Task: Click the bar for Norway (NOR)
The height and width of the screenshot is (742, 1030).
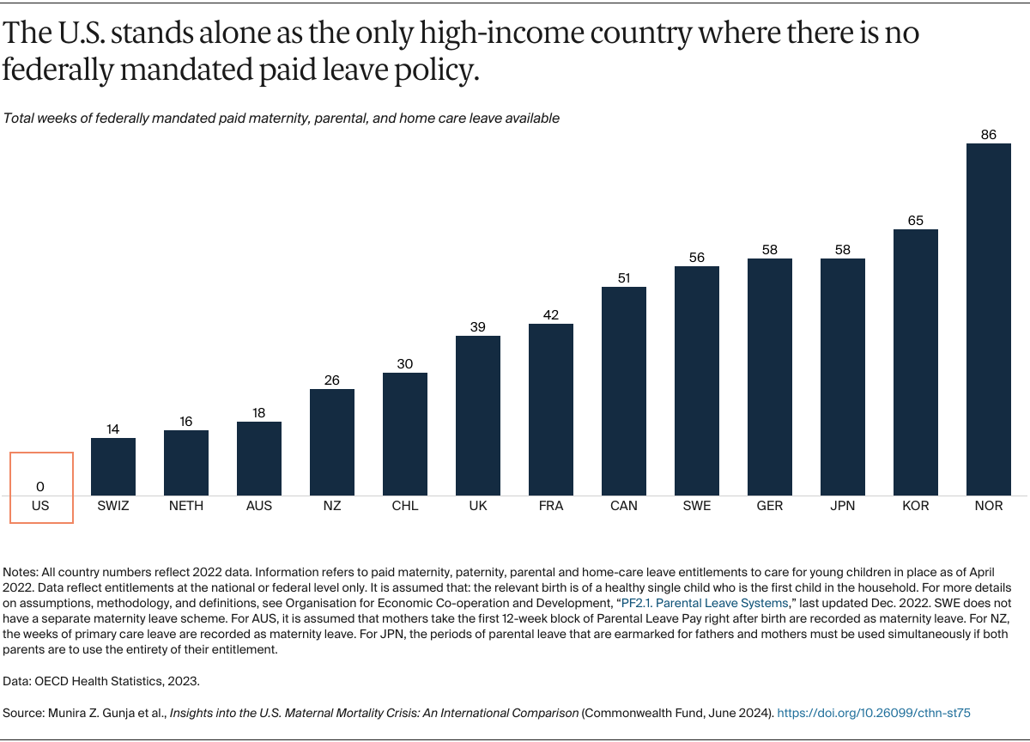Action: tap(989, 319)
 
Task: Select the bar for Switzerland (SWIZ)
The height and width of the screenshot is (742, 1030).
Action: tap(113, 466)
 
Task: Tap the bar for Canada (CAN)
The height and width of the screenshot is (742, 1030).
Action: tap(624, 391)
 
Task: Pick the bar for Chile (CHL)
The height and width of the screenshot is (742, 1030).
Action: tap(405, 434)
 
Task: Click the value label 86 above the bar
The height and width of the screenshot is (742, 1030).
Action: tap(989, 135)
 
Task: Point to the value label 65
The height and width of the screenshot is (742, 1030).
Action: tap(916, 221)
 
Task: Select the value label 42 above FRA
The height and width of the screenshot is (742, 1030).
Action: tap(551, 315)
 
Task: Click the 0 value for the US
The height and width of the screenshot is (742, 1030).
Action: tap(40, 487)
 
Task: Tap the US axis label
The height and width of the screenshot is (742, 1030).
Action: tap(40, 506)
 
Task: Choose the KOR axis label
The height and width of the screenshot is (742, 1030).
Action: tap(916, 506)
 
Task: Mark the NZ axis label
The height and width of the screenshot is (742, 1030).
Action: tap(332, 506)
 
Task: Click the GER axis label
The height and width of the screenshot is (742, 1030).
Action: tap(770, 506)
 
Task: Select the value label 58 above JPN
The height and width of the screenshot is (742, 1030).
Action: tap(843, 250)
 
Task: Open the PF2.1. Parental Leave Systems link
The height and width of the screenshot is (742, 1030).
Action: tap(704, 602)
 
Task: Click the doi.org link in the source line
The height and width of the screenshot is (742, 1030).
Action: tap(874, 713)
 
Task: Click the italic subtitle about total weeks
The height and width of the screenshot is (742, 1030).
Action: tap(282, 118)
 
